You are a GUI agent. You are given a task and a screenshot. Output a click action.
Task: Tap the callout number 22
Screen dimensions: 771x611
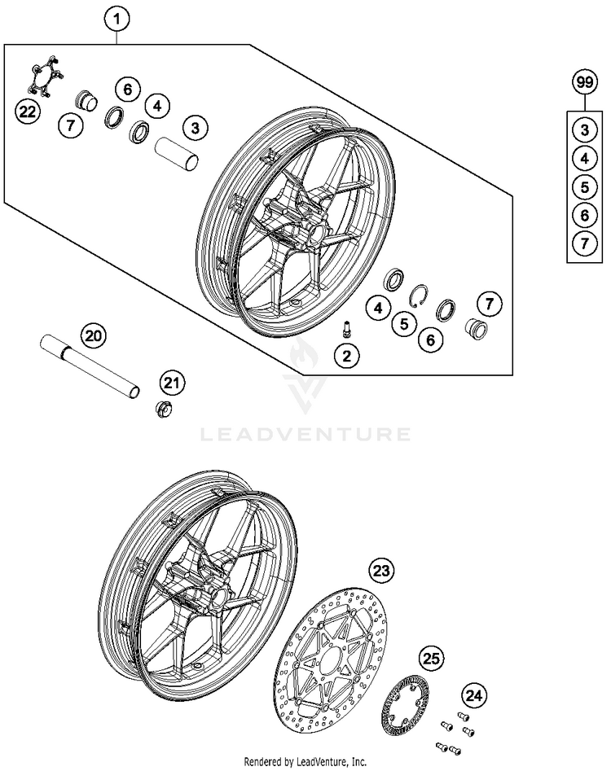point(29,112)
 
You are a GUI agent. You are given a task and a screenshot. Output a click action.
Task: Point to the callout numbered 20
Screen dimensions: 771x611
point(94,335)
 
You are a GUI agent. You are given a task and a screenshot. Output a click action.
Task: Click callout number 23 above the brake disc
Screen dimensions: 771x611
point(381,572)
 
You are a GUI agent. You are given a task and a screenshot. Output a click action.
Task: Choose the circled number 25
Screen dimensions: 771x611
point(432,657)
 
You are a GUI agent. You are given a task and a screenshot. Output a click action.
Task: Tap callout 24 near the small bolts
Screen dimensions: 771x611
point(473,695)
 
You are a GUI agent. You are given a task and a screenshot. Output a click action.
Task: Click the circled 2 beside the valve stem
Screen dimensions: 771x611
point(347,355)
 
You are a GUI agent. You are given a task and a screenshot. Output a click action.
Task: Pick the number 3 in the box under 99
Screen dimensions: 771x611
point(583,129)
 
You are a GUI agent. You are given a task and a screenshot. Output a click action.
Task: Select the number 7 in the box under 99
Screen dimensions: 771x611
point(583,243)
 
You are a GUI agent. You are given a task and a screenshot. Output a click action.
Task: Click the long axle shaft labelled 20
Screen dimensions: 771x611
point(90,368)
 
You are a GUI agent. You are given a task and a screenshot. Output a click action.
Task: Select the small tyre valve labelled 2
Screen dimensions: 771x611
point(346,329)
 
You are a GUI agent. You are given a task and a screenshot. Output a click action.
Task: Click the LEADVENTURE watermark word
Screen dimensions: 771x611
point(305,435)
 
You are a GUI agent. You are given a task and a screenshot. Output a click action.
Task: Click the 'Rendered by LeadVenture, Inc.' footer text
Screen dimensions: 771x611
point(305,762)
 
